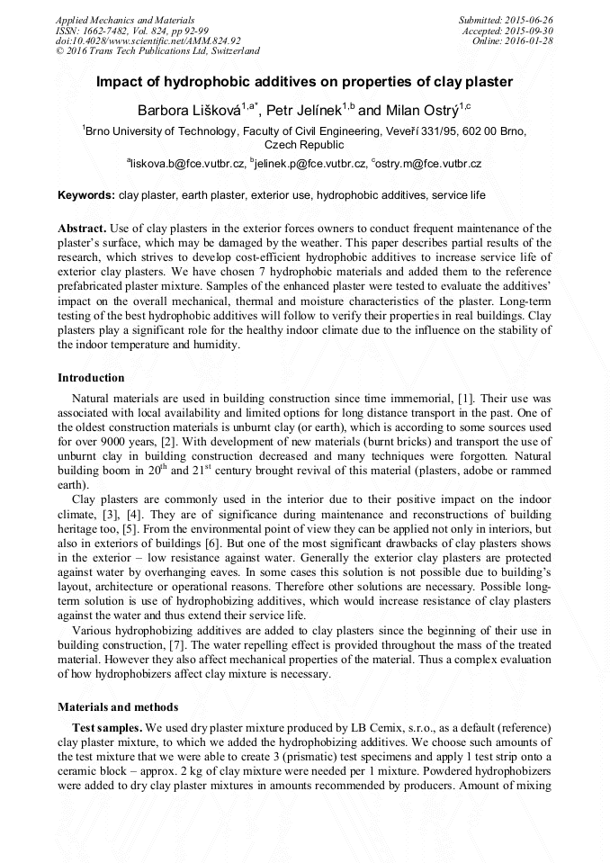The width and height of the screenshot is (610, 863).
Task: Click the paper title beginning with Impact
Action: (304, 82)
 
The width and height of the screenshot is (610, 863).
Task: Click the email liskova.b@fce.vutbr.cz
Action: (188, 164)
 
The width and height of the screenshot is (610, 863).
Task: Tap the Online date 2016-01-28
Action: (532, 40)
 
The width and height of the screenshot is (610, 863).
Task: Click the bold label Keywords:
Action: (86, 194)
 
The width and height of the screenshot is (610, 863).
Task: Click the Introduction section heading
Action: (91, 378)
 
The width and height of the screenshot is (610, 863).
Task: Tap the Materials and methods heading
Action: (118, 706)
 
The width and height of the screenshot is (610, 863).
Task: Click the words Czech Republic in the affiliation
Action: (304, 144)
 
